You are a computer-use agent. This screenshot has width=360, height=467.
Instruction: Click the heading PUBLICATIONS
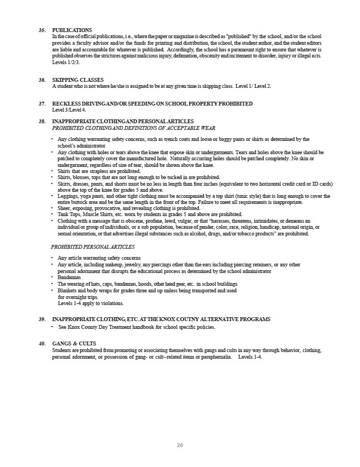pos(72,30)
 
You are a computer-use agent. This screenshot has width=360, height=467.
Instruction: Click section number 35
pos(42,30)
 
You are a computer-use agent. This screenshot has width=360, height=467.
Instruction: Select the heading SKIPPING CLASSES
pos(77,80)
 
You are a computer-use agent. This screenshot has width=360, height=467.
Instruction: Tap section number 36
pos(42,80)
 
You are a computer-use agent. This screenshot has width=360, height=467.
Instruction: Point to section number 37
pos(42,104)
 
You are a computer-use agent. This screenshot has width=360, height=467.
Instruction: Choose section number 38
pos(42,121)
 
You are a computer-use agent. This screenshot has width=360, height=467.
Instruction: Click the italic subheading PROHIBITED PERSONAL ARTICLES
pos(92,246)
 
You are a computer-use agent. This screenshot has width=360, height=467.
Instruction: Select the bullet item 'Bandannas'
pos(69,277)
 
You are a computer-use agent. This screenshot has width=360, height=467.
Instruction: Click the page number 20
pos(180,445)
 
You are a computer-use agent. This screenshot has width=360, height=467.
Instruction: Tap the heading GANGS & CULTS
pos(74,344)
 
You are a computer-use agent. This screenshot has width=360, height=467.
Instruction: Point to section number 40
pos(42,344)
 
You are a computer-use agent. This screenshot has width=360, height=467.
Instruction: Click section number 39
pos(42,319)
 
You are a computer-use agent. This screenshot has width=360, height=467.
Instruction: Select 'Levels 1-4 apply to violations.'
pos(91,303)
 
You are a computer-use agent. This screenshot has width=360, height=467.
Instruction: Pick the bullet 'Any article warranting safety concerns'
pos(99,258)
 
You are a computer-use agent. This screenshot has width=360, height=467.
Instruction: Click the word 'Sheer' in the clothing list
pos(64,208)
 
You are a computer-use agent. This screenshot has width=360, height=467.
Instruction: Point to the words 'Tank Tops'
pos(69,214)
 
